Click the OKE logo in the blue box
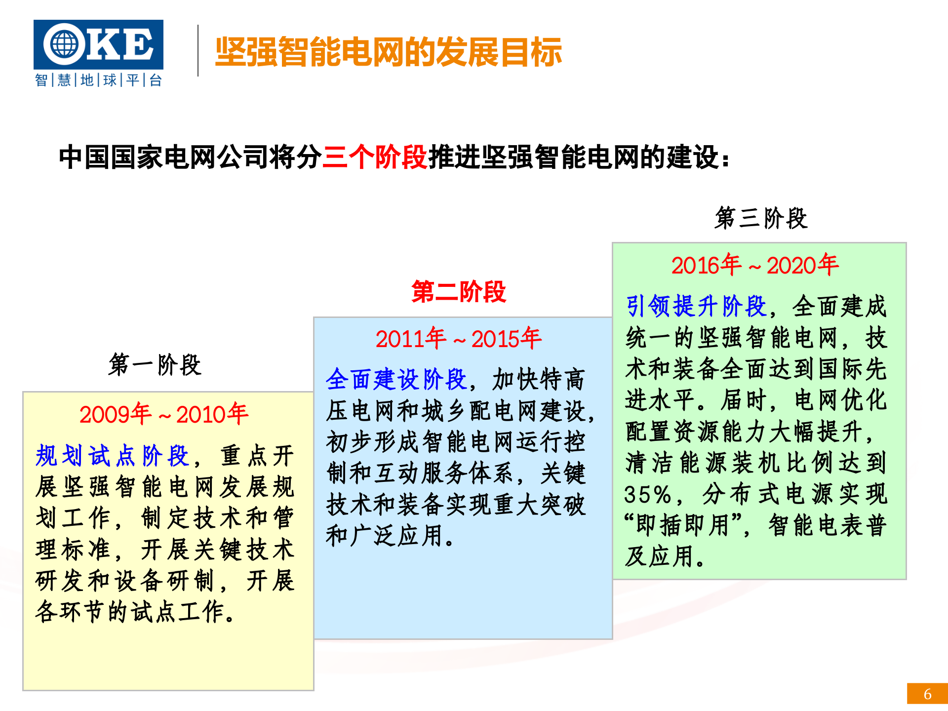pyautogui.click(x=98, y=44)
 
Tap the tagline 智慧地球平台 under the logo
pyautogui.click(x=98, y=80)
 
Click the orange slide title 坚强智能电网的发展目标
pyautogui.click(x=389, y=52)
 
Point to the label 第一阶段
pyautogui.click(x=155, y=365)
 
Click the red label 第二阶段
pyautogui.click(x=458, y=291)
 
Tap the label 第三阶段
pyautogui.click(x=760, y=218)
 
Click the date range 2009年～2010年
pyautogui.click(x=163, y=414)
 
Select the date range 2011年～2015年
pyautogui.click(x=458, y=339)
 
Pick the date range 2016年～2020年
pyautogui.click(x=754, y=265)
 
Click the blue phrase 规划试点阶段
pyautogui.click(x=113, y=456)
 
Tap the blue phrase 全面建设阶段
pyautogui.click(x=396, y=380)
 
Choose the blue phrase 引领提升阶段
pyautogui.click(x=696, y=306)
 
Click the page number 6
pyautogui.click(x=927, y=694)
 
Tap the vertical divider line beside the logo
pyautogui.click(x=198, y=50)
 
